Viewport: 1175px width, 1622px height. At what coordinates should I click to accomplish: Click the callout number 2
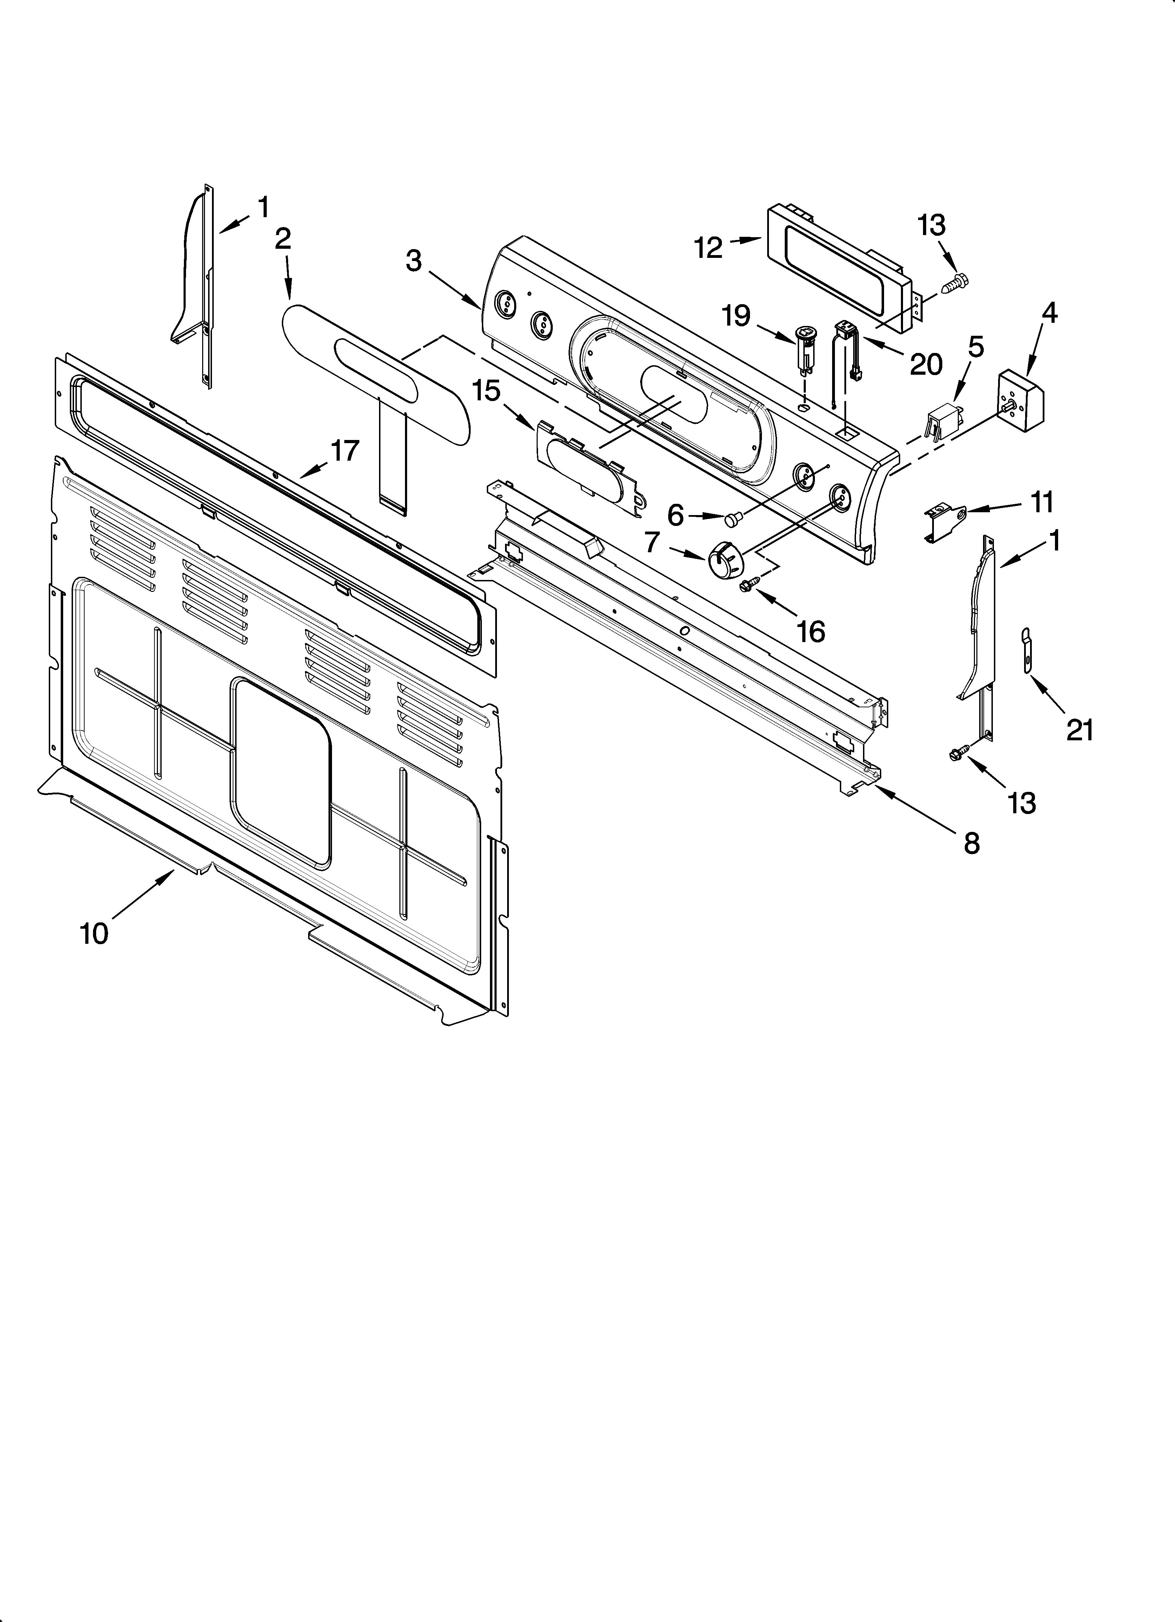click(283, 239)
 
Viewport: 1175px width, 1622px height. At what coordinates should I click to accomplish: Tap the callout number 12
click(709, 248)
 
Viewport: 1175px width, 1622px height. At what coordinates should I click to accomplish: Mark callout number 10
click(94, 933)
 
